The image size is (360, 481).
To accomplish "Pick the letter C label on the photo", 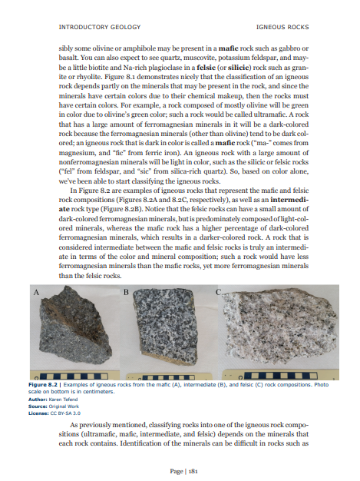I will pos(219,294).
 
